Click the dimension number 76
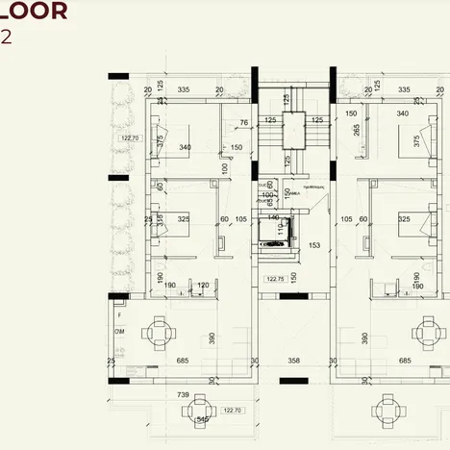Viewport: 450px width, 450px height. (243, 122)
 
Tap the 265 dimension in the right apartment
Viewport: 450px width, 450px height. (357, 130)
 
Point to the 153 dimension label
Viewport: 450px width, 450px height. (313, 245)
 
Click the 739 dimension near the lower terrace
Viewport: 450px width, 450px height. (184, 395)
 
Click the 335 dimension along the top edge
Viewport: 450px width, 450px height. (182, 88)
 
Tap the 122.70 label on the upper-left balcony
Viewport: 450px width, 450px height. (130, 138)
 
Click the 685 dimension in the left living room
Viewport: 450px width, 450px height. (182, 361)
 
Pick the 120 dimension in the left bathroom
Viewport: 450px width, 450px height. (203, 286)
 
